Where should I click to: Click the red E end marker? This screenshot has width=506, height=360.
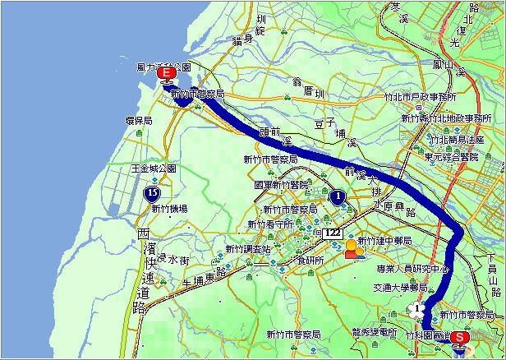pos(167,75)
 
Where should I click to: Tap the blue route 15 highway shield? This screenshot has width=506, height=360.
pos(152,193)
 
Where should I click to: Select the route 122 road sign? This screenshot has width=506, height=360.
pos(332,233)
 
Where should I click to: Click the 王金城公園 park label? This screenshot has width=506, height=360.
pos(154,168)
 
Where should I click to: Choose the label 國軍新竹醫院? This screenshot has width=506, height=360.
pos(282,185)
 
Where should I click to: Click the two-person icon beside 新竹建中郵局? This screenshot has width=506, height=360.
pos(352,249)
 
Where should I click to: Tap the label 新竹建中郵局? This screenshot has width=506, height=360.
pos(384,244)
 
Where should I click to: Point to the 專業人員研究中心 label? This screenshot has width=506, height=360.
pos(412,268)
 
